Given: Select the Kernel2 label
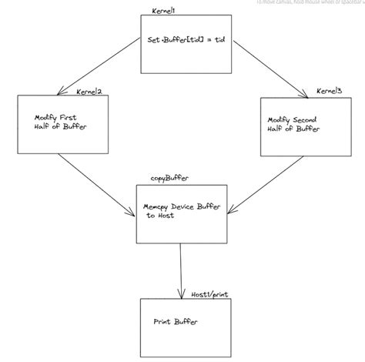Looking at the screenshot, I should click(x=90, y=92).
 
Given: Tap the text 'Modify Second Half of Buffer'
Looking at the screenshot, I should click(x=294, y=126).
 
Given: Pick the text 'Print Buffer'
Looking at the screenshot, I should click(x=175, y=321).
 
